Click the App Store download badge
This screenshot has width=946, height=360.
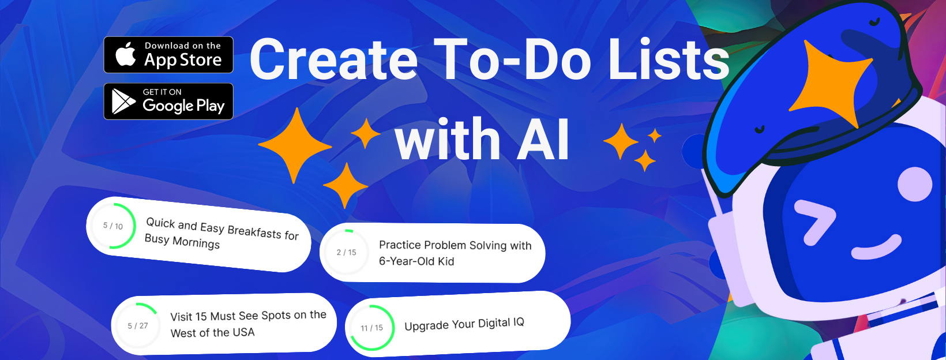pyautogui.click(x=168, y=55)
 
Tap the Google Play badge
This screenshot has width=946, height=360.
pyautogui.click(x=168, y=102)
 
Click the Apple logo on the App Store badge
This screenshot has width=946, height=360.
pyautogui.click(x=126, y=54)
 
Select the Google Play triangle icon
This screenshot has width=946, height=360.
pyautogui.click(x=123, y=102)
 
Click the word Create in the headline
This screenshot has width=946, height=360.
pyautogui.click(x=333, y=59)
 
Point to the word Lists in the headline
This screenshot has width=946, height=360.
pyautogui.click(x=669, y=59)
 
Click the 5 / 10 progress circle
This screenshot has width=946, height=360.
pyautogui.click(x=113, y=226)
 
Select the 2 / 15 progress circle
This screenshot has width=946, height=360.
pyautogui.click(x=346, y=252)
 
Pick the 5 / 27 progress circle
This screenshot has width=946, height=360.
pyautogui.click(x=138, y=326)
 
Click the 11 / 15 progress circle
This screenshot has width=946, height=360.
pyautogui.click(x=371, y=328)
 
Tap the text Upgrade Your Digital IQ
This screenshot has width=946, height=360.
pyautogui.click(x=464, y=324)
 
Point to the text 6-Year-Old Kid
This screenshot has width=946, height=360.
pyautogui.click(x=416, y=261)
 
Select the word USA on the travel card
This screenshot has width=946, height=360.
pyautogui.click(x=243, y=332)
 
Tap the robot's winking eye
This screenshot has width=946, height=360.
pyautogui.click(x=814, y=222)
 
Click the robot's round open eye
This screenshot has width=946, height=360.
pyautogui.click(x=915, y=184)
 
